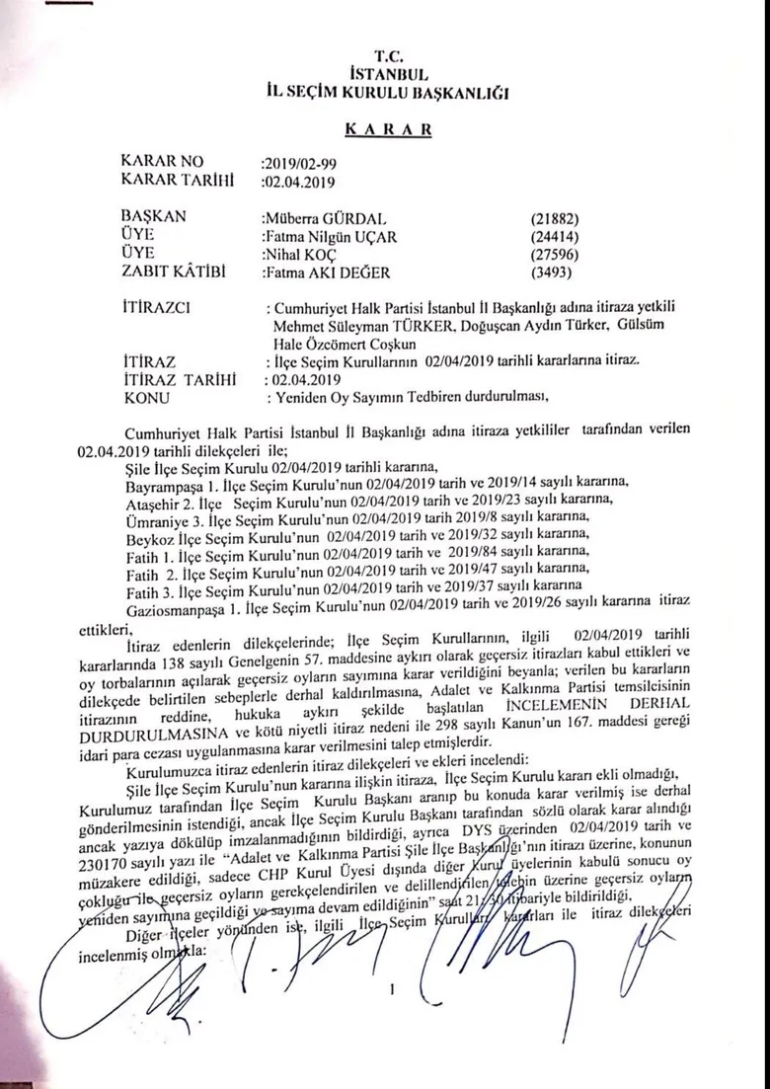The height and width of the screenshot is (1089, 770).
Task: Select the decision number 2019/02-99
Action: click(297, 163)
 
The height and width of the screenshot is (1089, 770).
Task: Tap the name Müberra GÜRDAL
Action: click(316, 218)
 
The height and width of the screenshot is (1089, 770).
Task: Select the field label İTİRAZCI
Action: click(158, 311)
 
